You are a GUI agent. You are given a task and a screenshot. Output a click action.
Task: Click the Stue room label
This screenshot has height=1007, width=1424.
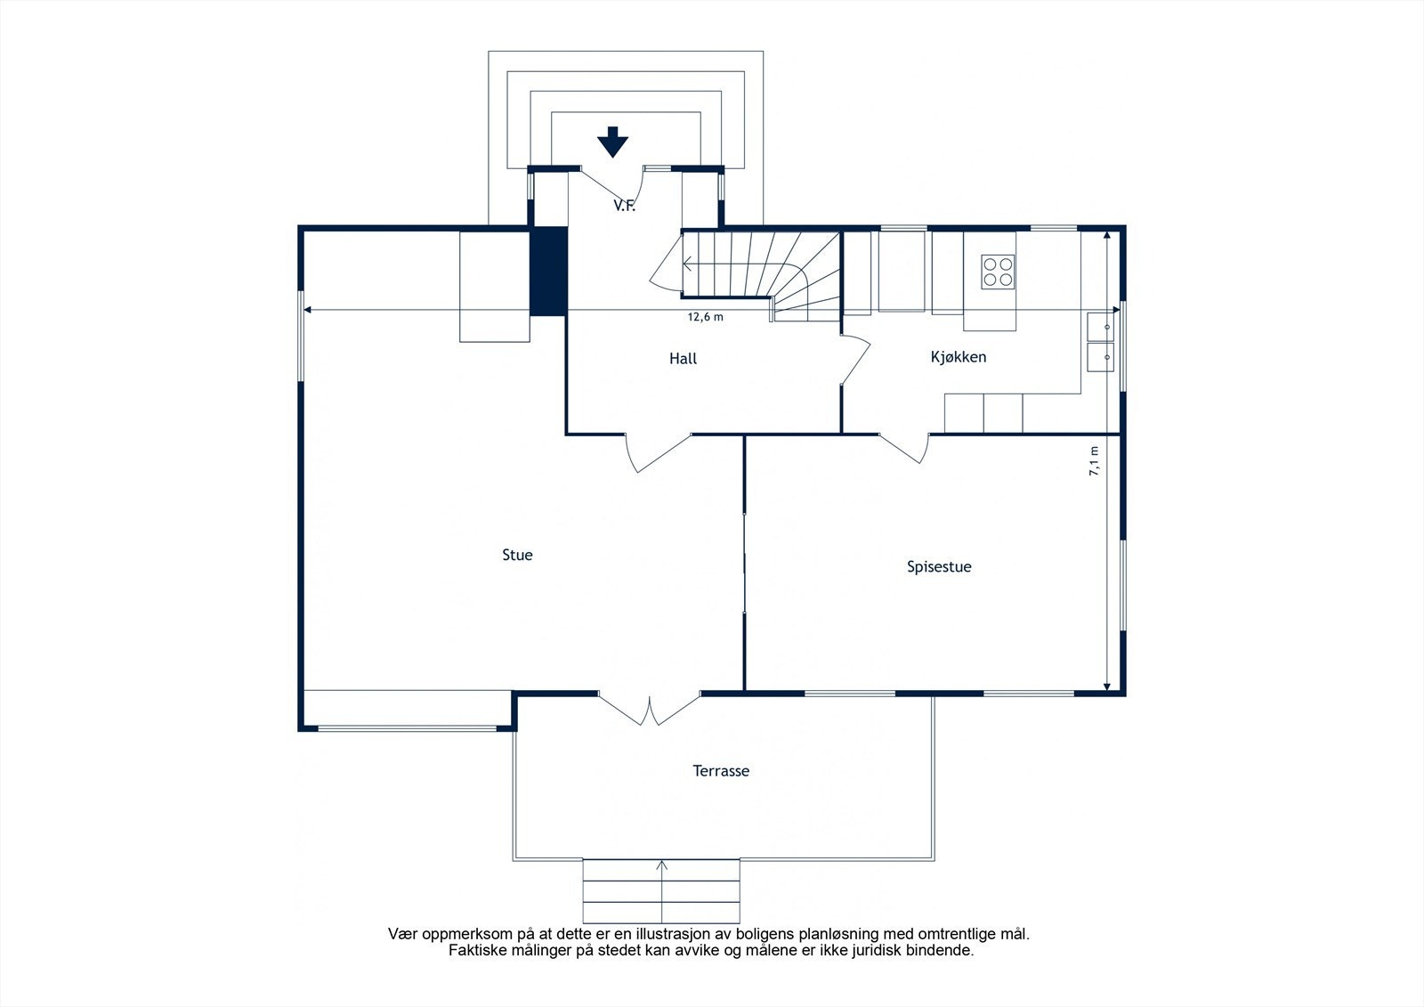pyautogui.click(x=517, y=555)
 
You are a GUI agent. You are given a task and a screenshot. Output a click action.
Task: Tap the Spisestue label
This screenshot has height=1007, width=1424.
pyautogui.click(x=939, y=567)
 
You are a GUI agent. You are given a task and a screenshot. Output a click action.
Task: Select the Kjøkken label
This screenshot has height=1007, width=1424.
pyautogui.click(x=958, y=357)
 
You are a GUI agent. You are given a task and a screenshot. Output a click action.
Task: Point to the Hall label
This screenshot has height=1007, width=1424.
pyautogui.click(x=683, y=359)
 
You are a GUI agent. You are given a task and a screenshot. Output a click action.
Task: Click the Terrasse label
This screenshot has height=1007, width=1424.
pyautogui.click(x=721, y=771)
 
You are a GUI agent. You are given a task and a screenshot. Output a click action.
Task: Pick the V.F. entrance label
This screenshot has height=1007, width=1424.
pyautogui.click(x=624, y=206)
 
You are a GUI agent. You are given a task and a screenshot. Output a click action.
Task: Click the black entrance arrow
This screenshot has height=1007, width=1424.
pyautogui.click(x=613, y=142)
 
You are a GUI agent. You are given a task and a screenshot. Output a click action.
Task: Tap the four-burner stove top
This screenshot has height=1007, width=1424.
pyautogui.click(x=998, y=272)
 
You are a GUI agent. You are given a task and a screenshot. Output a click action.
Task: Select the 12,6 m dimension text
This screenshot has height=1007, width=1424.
pyautogui.click(x=705, y=317)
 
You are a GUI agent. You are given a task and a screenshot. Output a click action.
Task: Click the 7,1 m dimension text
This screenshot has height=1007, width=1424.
pyautogui.click(x=1094, y=461)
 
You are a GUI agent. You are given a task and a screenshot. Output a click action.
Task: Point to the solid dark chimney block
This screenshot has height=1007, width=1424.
pyautogui.click(x=548, y=271)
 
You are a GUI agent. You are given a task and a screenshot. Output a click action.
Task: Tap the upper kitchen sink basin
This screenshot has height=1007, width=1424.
pyautogui.click(x=1100, y=326)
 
